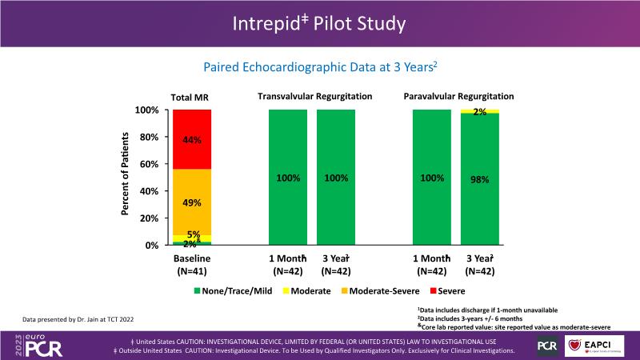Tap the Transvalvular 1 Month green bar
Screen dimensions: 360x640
pos(288,177)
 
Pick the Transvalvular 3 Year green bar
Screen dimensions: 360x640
pos(336,177)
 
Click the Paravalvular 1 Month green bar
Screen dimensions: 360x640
pos(432,177)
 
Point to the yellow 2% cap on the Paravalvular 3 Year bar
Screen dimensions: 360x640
pos(480,111)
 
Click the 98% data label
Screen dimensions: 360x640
pos(480,179)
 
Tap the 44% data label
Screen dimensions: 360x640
pos(192,139)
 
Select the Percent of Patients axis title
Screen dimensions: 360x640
pos(125,177)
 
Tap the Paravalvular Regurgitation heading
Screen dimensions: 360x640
pos(458,97)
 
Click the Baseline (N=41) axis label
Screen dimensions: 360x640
pos(192,264)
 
